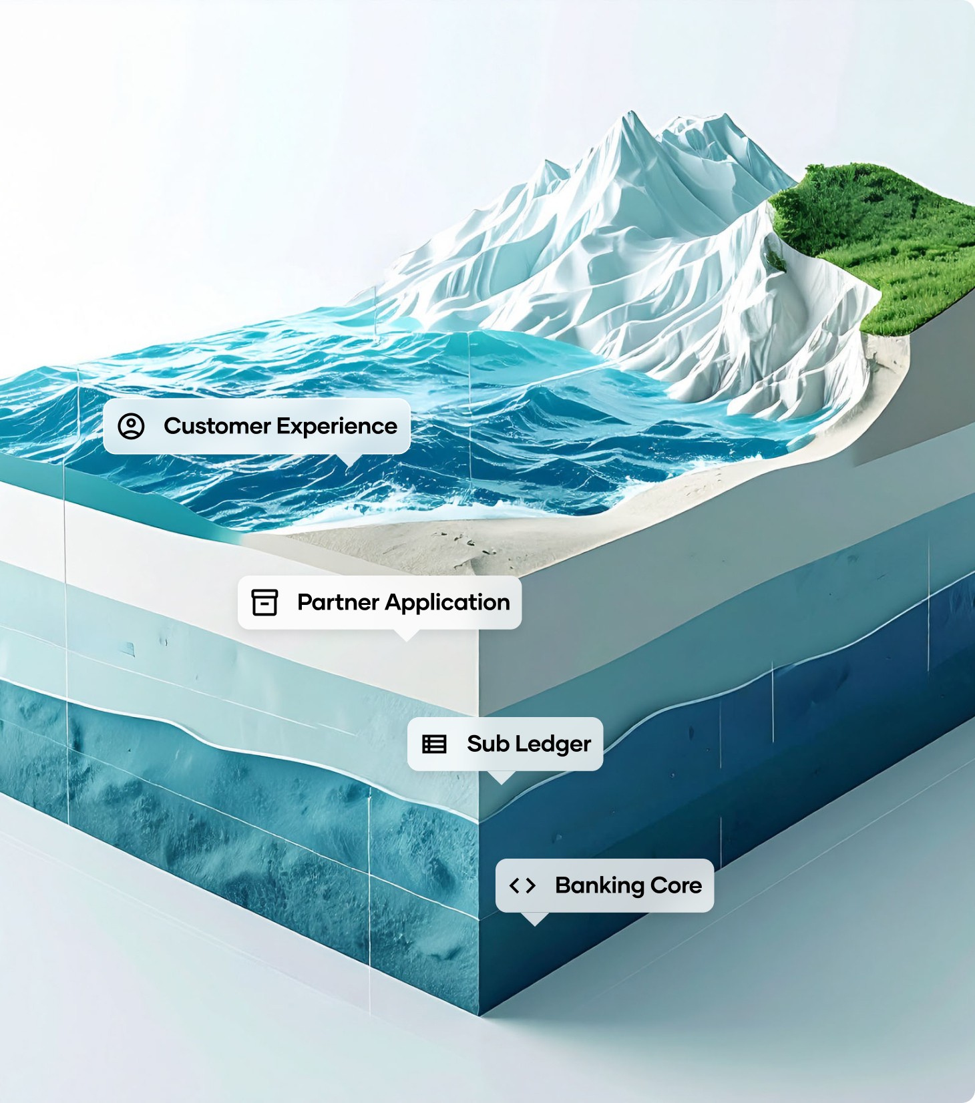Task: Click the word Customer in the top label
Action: tap(217, 426)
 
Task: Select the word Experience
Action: tap(337, 426)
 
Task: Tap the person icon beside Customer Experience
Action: tap(132, 426)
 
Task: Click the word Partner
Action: tap(338, 602)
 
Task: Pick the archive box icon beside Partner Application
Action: tap(264, 602)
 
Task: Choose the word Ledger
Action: tap(554, 744)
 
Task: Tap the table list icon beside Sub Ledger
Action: tap(434, 744)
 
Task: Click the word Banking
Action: tap(599, 885)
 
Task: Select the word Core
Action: tap(676, 885)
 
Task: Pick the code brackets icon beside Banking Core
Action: tap(522, 885)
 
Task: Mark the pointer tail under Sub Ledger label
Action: tap(501, 777)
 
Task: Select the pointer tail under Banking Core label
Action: tap(534, 919)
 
